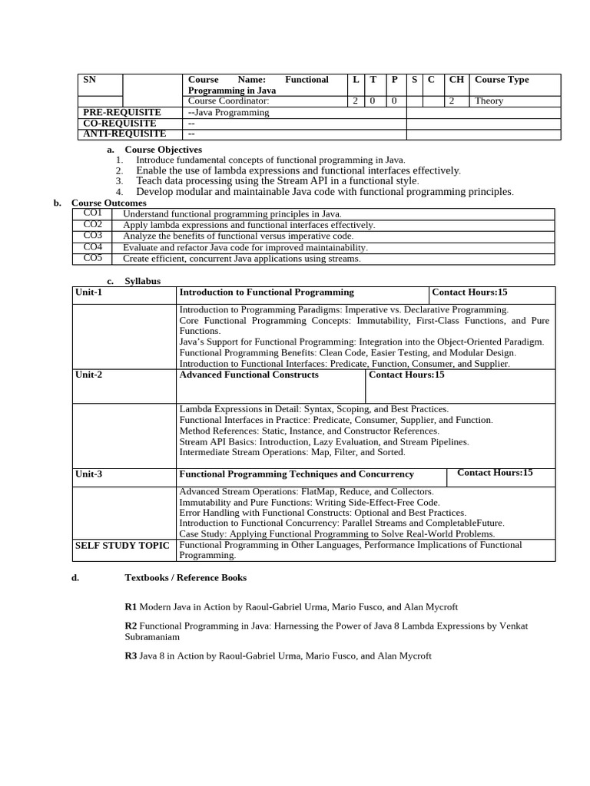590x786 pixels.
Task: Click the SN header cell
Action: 89,80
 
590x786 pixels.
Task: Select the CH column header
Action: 456,80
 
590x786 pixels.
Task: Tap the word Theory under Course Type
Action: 489,101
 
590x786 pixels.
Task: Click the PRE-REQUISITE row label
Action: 122,112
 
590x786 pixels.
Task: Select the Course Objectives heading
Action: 163,149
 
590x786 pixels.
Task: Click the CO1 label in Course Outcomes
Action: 92,213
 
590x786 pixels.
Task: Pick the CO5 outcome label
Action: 92,258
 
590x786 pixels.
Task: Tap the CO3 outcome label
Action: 92,236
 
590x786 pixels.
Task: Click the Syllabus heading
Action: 142,281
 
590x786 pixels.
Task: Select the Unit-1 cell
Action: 88,292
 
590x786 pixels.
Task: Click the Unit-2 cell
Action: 88,375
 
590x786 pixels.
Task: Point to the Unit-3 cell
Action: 88,474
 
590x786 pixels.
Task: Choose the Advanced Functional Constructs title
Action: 248,375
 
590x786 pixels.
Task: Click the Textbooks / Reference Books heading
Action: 185,577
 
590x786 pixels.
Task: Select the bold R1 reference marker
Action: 131,606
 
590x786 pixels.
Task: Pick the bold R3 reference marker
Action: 131,656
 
